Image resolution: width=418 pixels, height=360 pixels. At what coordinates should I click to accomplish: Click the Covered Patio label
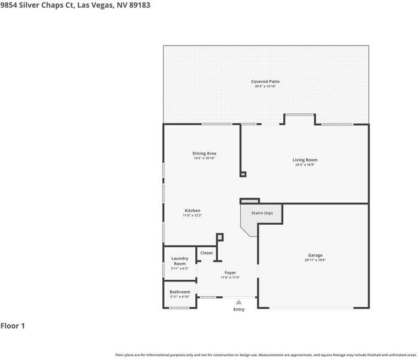265,81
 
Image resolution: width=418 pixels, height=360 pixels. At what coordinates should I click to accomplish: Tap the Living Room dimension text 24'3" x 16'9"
305,165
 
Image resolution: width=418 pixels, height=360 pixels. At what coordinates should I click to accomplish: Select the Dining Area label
205,153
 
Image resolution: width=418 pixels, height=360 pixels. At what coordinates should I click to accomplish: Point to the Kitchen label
193,211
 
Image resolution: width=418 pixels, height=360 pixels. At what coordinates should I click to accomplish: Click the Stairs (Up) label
262,213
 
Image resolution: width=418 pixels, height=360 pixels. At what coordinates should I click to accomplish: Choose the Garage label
315,255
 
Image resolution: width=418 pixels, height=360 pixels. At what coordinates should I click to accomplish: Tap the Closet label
207,253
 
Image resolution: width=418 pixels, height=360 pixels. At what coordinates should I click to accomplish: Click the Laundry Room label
180,261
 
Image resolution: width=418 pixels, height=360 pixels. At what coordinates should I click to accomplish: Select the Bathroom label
180,292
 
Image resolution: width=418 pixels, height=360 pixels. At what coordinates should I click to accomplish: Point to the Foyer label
230,273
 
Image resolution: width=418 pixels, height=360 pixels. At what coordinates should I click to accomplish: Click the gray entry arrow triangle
239,302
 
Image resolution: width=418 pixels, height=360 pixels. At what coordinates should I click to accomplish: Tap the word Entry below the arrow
239,309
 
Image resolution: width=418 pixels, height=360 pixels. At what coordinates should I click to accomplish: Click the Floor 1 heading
13,326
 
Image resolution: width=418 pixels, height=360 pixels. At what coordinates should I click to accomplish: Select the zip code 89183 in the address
140,5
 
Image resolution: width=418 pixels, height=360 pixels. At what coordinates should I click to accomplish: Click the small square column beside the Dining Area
243,174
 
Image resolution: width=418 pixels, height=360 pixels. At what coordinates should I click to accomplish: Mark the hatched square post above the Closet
219,237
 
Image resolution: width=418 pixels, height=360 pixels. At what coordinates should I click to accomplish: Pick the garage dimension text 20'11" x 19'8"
315,260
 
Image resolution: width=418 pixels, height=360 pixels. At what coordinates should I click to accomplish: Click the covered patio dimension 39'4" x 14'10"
265,86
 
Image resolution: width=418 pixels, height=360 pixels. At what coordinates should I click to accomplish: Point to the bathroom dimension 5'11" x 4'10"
180,297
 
